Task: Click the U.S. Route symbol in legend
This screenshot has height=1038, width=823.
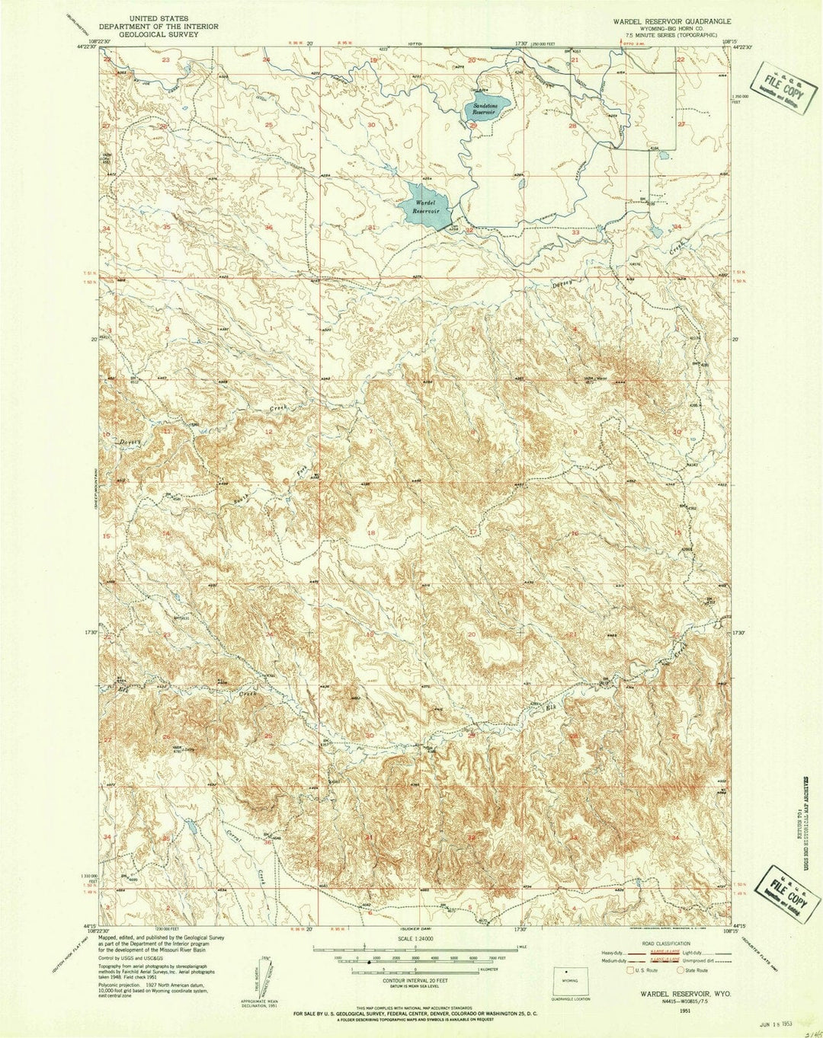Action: tap(629, 970)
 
